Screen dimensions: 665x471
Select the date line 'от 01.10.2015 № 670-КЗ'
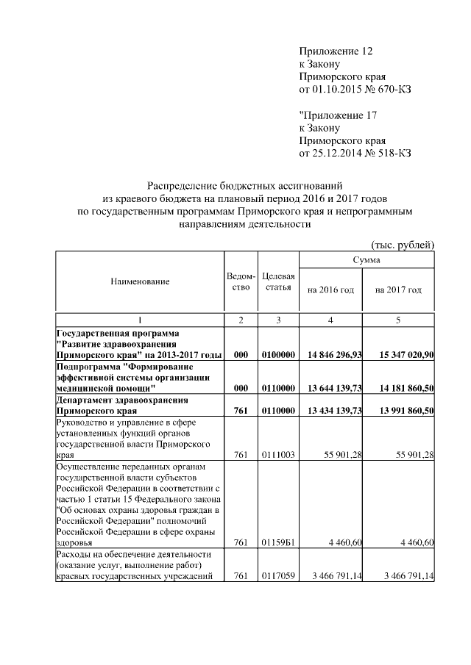(x=355, y=90)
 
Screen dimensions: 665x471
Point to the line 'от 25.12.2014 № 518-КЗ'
(x=355, y=154)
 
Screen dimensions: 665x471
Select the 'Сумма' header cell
(x=366, y=260)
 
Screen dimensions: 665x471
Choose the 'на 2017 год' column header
(x=398, y=290)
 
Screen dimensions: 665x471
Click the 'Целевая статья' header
(x=278, y=281)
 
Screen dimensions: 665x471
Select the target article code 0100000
(x=278, y=354)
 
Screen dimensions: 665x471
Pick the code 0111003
(x=278, y=455)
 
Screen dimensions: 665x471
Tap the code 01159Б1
(x=278, y=542)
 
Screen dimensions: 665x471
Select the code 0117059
(x=278, y=576)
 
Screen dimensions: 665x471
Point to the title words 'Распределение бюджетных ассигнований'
(x=246, y=186)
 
